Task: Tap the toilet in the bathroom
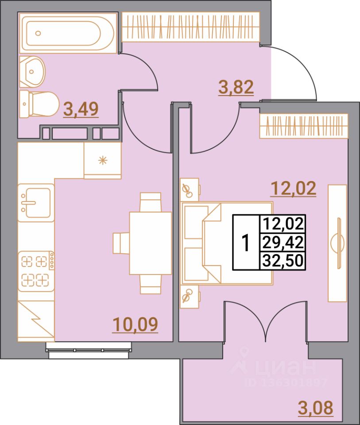pyautogui.click(x=39, y=104)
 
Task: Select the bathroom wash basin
pyautogui.click(x=32, y=70)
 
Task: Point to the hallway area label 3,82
pyautogui.click(x=236, y=87)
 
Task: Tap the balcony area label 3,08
pyautogui.click(x=315, y=407)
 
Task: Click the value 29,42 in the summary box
pyautogui.click(x=283, y=242)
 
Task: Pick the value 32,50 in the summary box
pyautogui.click(x=283, y=260)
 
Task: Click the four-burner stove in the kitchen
pyautogui.click(x=35, y=270)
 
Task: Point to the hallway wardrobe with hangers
pyautogui.click(x=190, y=27)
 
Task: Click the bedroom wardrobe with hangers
pyautogui.click(x=304, y=125)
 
